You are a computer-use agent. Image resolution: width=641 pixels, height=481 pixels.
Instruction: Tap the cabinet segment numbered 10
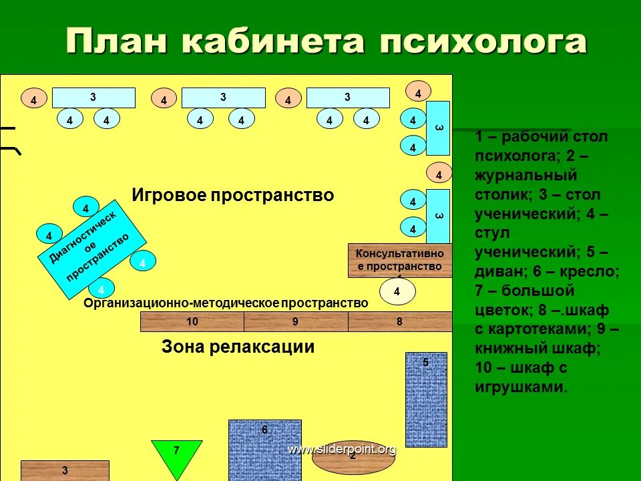point(192,322)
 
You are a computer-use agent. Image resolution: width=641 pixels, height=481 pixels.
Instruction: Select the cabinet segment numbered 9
point(296,322)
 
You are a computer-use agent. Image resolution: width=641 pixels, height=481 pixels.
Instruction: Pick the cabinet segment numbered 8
point(400,322)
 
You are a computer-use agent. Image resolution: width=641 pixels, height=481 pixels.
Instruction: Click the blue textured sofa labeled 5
point(426,399)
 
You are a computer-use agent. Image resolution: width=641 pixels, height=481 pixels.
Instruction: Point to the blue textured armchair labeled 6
point(264,450)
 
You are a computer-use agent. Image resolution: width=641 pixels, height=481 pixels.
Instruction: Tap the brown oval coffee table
point(351,461)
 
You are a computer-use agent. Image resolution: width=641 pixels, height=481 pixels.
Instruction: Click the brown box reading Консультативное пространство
point(399,261)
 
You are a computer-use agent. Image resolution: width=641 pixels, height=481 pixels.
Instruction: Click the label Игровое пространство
point(232,196)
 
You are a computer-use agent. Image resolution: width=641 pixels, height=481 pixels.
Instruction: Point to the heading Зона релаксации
point(238,347)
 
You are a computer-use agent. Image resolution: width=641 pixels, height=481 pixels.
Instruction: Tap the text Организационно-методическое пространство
point(226,303)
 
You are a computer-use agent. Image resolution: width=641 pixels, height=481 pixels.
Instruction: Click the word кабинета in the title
point(273,42)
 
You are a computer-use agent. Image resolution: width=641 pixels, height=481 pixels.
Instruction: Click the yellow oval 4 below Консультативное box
point(397,291)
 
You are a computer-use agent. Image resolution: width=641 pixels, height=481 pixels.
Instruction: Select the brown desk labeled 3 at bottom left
point(65,470)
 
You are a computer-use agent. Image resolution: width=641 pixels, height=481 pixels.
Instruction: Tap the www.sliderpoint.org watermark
point(342,450)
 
